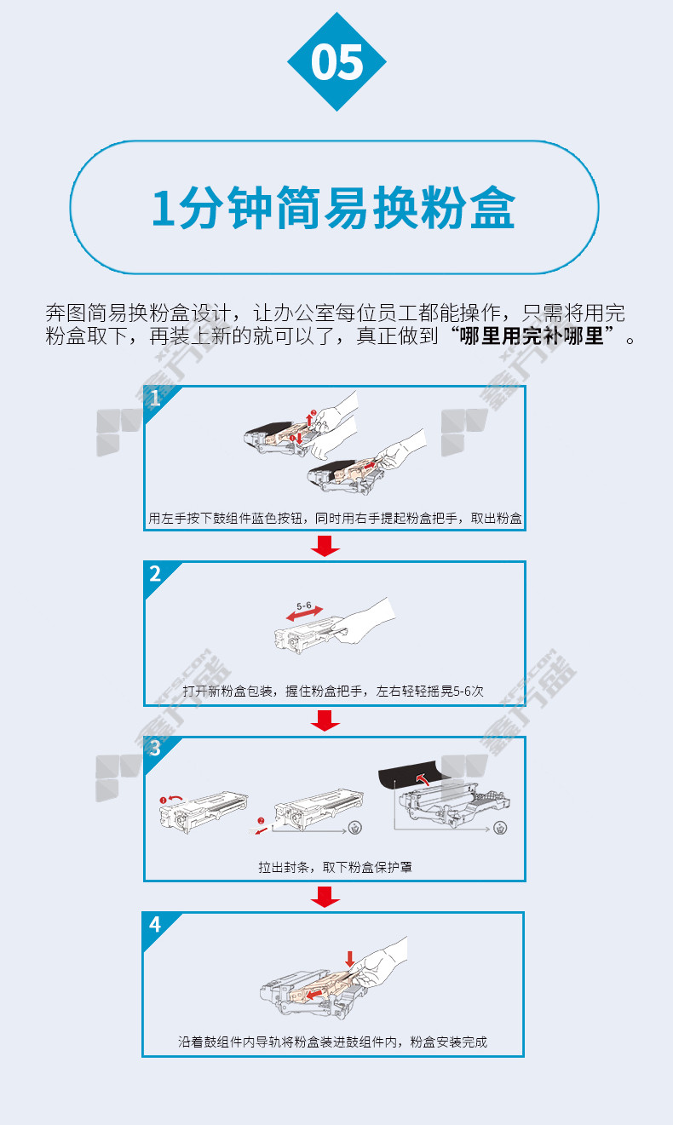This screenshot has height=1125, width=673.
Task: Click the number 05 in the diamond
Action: coord(336,62)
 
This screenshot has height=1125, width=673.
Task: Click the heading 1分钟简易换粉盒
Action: coord(334,208)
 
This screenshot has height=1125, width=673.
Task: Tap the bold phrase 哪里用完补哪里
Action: coord(532,336)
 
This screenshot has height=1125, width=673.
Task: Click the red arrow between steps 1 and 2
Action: coord(325,546)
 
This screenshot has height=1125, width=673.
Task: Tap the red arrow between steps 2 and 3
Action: coord(325,720)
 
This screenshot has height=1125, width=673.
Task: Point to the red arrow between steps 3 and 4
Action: coord(325,897)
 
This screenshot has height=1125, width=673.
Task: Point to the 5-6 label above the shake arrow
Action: coord(303,606)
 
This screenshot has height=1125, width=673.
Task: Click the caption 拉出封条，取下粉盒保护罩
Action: coord(335,867)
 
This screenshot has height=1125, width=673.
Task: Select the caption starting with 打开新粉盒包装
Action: coord(333,691)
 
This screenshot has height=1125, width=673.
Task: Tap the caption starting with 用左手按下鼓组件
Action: coord(335,519)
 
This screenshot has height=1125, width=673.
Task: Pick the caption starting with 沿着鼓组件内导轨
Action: coord(332,1042)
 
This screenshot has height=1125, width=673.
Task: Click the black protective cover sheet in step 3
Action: coord(409,775)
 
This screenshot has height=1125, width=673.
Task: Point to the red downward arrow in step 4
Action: coord(350,958)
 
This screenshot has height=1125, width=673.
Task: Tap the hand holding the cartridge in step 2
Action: coord(365,621)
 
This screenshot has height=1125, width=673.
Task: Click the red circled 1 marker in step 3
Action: coord(163,800)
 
